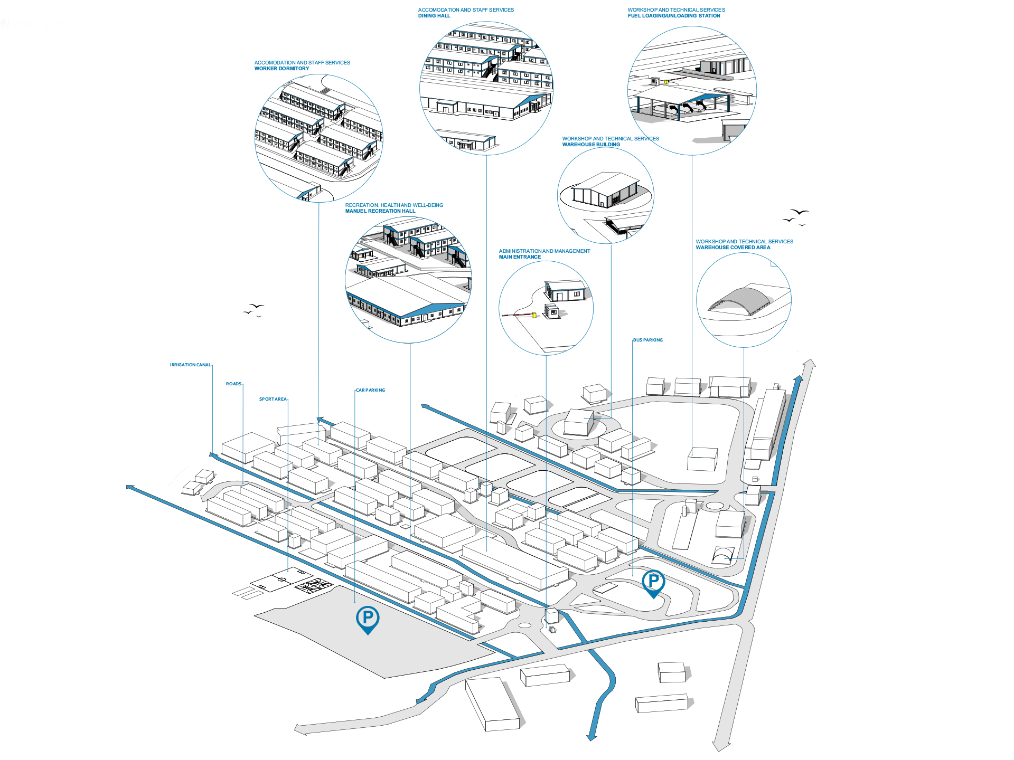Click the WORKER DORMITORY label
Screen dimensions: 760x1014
tap(281, 69)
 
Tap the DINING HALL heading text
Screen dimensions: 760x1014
tap(434, 16)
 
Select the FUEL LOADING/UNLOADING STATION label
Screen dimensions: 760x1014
tap(673, 16)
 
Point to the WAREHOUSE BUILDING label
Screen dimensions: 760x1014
tap(591, 145)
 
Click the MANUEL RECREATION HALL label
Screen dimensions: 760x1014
tap(380, 211)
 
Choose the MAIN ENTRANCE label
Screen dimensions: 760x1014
tap(520, 257)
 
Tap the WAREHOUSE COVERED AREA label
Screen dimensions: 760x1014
tap(733, 248)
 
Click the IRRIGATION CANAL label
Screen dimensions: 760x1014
tap(190, 365)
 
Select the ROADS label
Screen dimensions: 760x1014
tap(233, 384)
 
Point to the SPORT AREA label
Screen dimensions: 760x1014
tap(273, 400)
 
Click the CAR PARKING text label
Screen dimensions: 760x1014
tap(370, 391)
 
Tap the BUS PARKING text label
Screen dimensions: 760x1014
tap(648, 340)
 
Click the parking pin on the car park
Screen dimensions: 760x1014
tap(368, 619)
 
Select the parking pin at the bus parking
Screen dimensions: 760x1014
tap(653, 583)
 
